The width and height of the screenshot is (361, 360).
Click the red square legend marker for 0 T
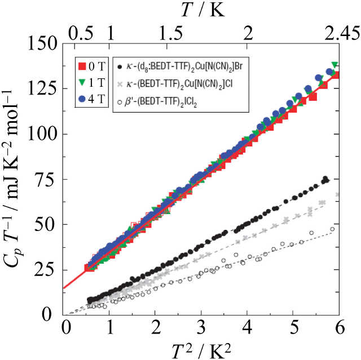coord(83,67)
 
